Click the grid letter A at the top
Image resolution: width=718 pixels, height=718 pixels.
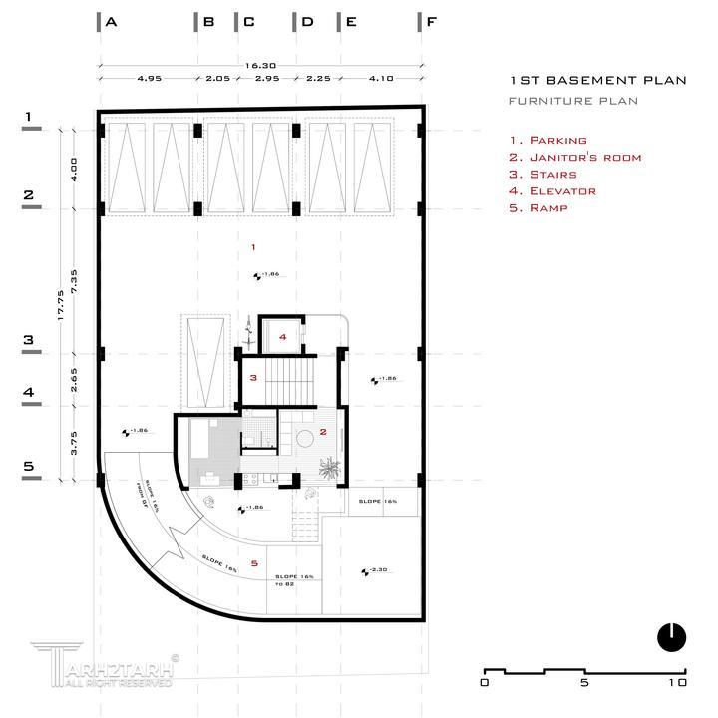(111, 21)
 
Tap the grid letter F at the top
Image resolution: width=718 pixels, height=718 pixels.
(431, 21)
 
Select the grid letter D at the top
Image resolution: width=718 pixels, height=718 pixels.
(307, 21)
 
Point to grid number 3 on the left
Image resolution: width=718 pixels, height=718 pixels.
(29, 340)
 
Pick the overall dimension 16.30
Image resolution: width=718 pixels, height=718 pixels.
(261, 65)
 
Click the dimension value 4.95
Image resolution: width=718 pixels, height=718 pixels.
(150, 77)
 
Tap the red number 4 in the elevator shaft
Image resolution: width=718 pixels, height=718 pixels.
(283, 337)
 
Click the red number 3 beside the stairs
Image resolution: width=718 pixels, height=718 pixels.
(254, 377)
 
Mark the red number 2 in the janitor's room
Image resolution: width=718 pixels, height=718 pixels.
(323, 432)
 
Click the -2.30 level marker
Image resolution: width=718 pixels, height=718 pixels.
(375, 570)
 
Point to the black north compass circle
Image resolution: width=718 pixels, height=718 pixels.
(672, 636)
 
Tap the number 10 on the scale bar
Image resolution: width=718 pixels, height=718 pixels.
(678, 684)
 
